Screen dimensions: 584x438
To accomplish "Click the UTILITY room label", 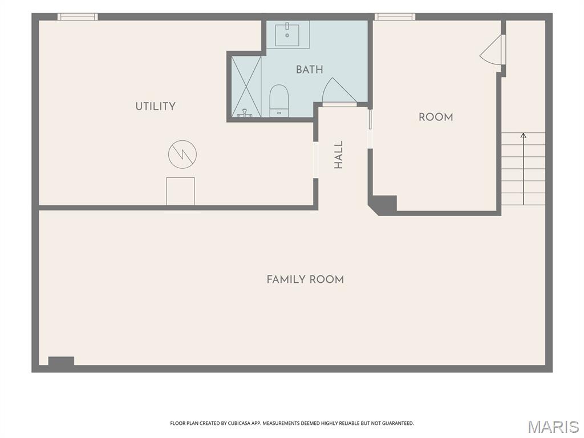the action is pos(155,107).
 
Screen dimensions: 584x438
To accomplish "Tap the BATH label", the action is pos(310,70).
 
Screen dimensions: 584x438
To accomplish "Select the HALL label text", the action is pos(338,155).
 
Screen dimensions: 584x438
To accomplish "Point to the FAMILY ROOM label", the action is pos(306,279).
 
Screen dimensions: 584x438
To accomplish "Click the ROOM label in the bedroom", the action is pos(436,117).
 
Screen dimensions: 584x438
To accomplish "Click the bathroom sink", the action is pos(287,34).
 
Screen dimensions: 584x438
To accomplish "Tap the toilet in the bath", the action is pos(279,100).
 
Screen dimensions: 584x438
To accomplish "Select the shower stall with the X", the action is pos(246,87).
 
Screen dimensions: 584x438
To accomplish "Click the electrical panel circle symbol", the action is pos(182,154).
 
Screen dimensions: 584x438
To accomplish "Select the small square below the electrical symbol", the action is pos(180,191).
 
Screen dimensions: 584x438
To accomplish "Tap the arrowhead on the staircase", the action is pos(524,135).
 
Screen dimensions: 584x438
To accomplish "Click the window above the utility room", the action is pos(78,17).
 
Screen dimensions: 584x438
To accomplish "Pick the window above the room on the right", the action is pos(395,17).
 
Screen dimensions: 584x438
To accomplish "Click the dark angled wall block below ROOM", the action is pos(383,205).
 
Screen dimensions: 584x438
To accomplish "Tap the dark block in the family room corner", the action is pos(61,361).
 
